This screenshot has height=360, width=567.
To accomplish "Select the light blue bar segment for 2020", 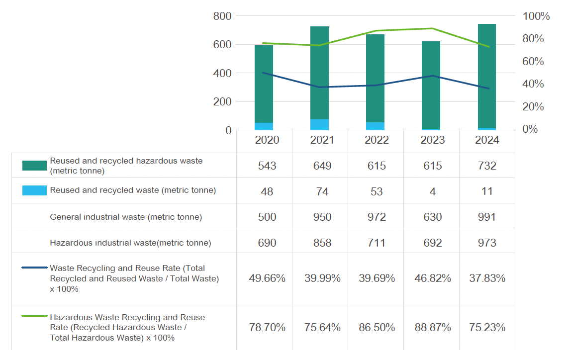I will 264,126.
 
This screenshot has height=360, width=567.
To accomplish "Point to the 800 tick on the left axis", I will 222,16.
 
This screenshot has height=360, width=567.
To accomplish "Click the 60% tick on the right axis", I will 533,62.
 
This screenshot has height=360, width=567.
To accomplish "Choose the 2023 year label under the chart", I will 432,140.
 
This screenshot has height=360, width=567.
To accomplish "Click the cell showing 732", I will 486,166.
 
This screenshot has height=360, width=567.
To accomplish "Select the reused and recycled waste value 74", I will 322,191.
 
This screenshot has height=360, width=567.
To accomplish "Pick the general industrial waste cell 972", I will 377,217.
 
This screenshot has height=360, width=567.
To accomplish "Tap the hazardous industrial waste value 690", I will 267,243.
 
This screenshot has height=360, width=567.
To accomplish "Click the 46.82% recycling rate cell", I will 432,278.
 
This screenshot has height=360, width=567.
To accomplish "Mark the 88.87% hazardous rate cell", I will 432,328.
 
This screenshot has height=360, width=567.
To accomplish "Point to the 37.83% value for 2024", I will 487,278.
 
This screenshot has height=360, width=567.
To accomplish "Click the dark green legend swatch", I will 34,166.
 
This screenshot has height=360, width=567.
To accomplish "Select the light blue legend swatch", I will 34,190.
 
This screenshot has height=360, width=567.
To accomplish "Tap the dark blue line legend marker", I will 34,268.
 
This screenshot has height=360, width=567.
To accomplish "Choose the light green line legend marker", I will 34,317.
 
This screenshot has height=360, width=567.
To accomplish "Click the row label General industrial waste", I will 126,217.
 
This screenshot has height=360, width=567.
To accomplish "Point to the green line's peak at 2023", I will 432,28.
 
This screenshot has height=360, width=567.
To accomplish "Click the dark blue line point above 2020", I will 264,73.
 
